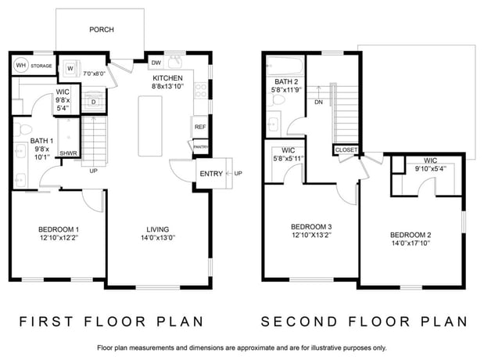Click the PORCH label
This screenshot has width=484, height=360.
(x=102, y=30)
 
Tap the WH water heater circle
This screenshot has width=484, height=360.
(x=21, y=65)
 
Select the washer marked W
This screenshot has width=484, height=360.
(x=70, y=68)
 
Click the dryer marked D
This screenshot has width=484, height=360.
(x=94, y=102)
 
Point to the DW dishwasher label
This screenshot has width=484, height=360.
(x=156, y=63)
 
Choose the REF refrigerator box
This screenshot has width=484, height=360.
(x=200, y=127)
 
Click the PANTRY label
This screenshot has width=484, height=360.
(x=201, y=147)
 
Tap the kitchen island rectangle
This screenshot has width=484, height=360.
(x=150, y=126)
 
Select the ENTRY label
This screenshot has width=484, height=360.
(x=211, y=174)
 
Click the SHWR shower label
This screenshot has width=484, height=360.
(x=69, y=153)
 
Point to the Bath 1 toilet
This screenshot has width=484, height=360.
(x=23, y=129)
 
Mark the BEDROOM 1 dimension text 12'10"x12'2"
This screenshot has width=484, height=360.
(x=59, y=238)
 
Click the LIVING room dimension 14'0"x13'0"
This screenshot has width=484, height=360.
(x=158, y=238)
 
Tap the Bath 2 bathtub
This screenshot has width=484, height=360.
(x=285, y=66)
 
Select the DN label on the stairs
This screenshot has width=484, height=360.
(x=318, y=102)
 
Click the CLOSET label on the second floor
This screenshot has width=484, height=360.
(x=346, y=150)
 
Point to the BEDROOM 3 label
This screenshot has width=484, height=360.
(x=312, y=227)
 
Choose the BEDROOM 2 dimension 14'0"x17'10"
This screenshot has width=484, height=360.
(x=411, y=243)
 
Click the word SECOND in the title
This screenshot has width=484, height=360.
(x=299, y=322)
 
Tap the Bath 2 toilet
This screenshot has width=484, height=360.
(x=276, y=100)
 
